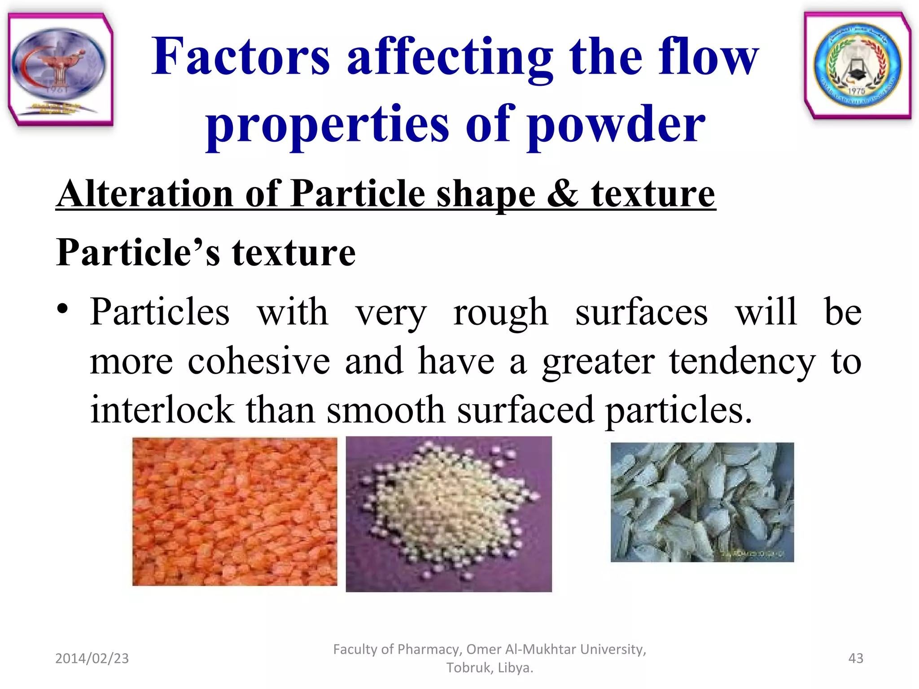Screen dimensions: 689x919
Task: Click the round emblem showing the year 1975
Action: click(858, 65)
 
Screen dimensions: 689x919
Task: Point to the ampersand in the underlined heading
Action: click(562, 194)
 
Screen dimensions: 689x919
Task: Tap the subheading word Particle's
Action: click(138, 253)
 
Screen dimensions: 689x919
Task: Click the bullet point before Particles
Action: click(62, 310)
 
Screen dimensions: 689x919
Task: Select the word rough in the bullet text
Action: click(500, 313)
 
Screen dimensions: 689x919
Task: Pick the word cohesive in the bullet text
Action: click(258, 362)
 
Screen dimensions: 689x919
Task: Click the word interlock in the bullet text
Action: click(162, 410)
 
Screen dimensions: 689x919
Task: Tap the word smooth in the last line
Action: click(385, 410)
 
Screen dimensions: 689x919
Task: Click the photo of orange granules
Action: click(235, 511)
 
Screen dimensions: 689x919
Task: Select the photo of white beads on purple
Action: click(449, 514)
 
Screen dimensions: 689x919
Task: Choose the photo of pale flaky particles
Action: click(702, 502)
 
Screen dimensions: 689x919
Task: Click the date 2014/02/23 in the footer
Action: click(92, 658)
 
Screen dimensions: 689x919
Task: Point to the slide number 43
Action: click(855, 658)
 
